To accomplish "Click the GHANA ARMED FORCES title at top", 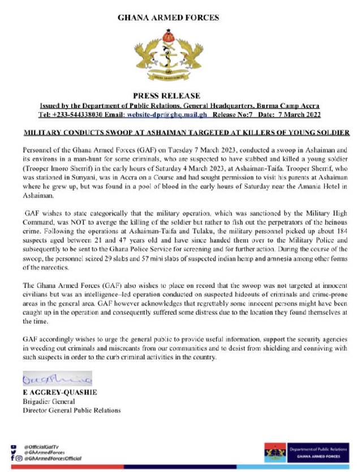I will click(x=168, y=18).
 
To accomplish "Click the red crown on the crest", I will click(x=168, y=37).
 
